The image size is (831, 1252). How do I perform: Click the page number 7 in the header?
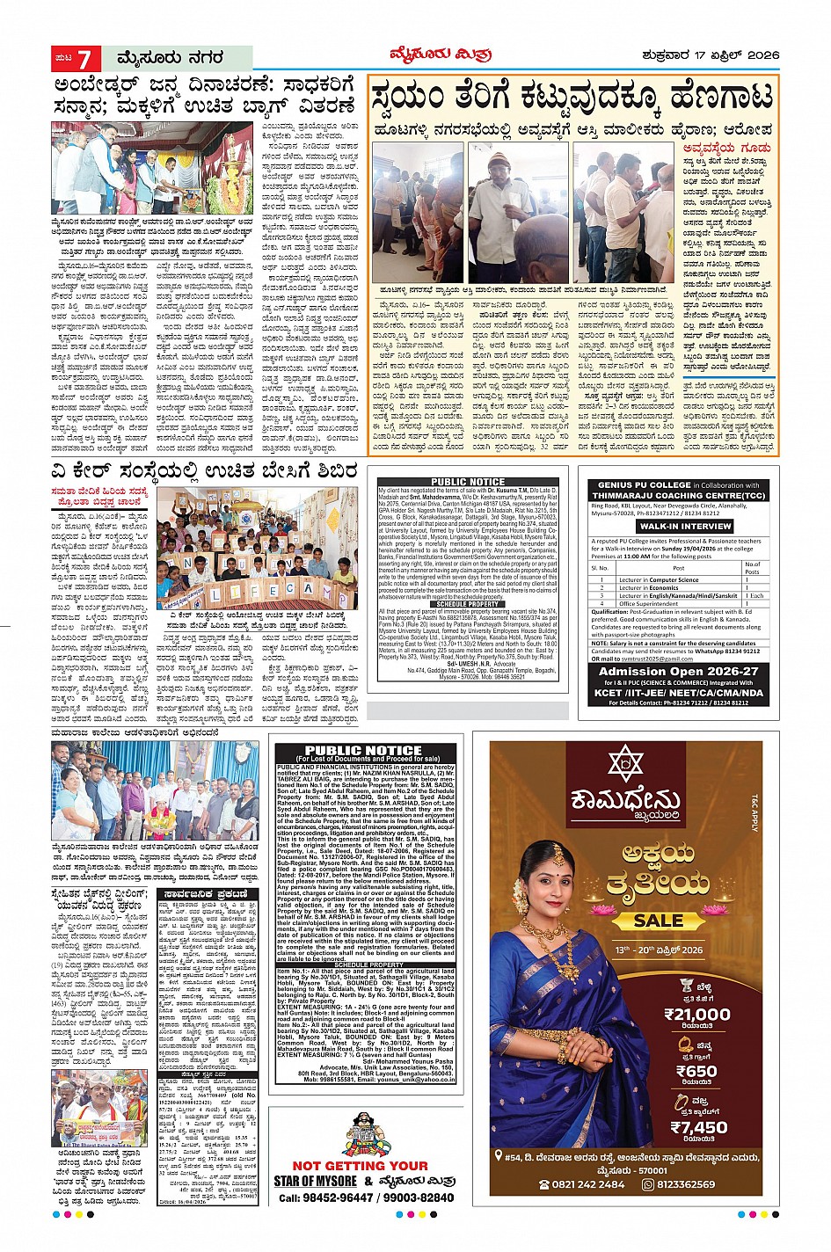click(x=85, y=59)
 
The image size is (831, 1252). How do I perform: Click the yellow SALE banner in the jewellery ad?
click(x=657, y=921)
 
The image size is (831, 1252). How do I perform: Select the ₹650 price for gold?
click(x=696, y=1071)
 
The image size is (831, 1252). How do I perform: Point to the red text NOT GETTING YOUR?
click(x=361, y=1166)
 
